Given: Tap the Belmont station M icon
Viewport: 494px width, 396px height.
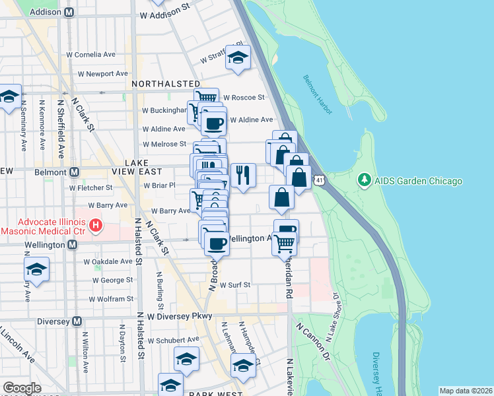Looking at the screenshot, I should click(74, 172).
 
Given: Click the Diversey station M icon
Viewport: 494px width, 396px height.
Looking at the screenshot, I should click(77, 321).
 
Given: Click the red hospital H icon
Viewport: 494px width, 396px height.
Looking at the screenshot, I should click(96, 226).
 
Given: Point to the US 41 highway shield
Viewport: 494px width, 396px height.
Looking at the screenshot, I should click(319, 180).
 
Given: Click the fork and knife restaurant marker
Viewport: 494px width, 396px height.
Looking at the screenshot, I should click(243, 175).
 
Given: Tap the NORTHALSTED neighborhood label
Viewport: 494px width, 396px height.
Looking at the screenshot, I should click(166, 84).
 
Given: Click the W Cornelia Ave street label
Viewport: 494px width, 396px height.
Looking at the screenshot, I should click(91, 55).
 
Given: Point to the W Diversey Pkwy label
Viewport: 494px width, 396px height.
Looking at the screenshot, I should click(180, 316).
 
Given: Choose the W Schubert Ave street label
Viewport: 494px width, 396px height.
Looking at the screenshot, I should click(173, 341).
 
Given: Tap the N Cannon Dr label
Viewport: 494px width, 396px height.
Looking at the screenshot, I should click(312, 345).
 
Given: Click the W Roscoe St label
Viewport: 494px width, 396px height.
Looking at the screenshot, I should click(243, 97).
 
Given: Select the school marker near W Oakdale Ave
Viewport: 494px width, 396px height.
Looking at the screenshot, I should click(36, 269).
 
